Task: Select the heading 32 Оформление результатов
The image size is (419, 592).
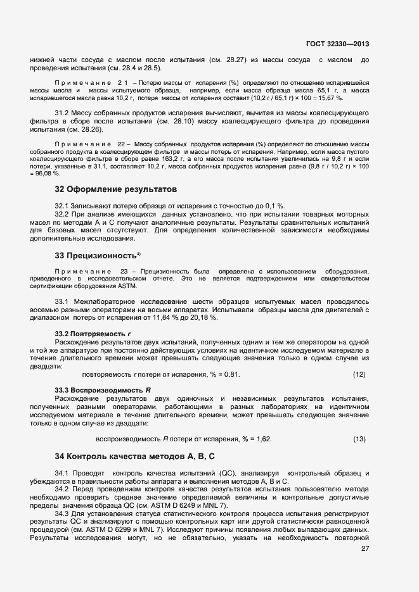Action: [115, 189]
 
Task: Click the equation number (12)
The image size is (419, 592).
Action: [359, 375]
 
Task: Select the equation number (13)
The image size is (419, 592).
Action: [359, 439]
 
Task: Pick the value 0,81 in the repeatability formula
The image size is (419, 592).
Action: [233, 375]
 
